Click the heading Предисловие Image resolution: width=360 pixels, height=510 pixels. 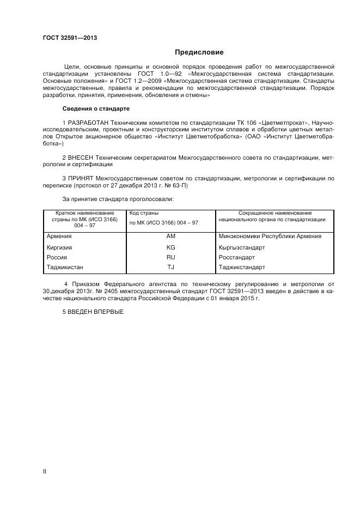tap(199, 52)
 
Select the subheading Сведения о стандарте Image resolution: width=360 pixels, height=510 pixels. tap(96, 109)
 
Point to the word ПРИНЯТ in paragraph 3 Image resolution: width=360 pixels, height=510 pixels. tap(81, 178)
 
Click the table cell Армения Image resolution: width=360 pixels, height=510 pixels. tap(59, 236)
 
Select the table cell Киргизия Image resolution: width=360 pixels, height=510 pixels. tap(60, 247)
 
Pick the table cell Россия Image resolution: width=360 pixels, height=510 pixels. tap(57, 257)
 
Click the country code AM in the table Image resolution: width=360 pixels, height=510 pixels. tap(170, 236)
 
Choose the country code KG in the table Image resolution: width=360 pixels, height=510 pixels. tap(170, 247)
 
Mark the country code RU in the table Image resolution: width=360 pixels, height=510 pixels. tap(170, 257)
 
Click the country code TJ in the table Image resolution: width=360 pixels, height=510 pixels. tap(170, 267)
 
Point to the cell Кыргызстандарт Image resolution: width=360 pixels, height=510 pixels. tap(242, 247)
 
